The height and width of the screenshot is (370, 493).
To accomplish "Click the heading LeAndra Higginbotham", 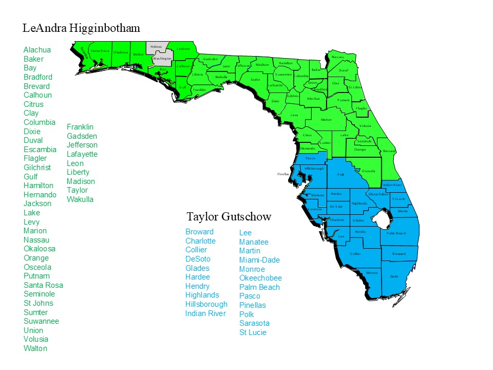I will pos(81,28).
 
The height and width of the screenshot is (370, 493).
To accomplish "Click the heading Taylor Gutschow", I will pos(229,216).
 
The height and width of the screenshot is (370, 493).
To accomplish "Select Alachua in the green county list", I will pos(37,50).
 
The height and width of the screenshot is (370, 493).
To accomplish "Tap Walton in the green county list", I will pos(35,348).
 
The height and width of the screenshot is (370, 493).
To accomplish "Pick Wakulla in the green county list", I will pos(80,199).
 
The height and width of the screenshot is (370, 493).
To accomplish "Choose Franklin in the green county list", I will pos(80,127).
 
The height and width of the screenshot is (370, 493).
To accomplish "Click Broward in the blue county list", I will pos(199,232).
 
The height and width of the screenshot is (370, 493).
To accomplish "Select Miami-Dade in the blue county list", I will pos(259,260).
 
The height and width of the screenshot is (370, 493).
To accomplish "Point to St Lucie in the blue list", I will pos(253,332).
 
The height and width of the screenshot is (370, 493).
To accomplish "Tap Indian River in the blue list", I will pos(205,313).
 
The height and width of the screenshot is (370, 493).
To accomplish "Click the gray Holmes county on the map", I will pos(155,47).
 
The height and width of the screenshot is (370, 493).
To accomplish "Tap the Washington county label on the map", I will pos(162,59).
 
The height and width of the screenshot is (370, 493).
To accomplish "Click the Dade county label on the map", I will pos(394,276).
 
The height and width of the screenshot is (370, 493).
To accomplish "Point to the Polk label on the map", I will pos(340,175).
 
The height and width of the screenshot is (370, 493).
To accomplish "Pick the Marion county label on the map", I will pos(326,120).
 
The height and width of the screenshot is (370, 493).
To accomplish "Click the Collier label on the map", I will pos(355,253).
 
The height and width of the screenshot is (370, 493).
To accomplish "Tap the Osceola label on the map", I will pos(368,171).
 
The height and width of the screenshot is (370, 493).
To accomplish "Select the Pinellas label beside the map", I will pos(283,174).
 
